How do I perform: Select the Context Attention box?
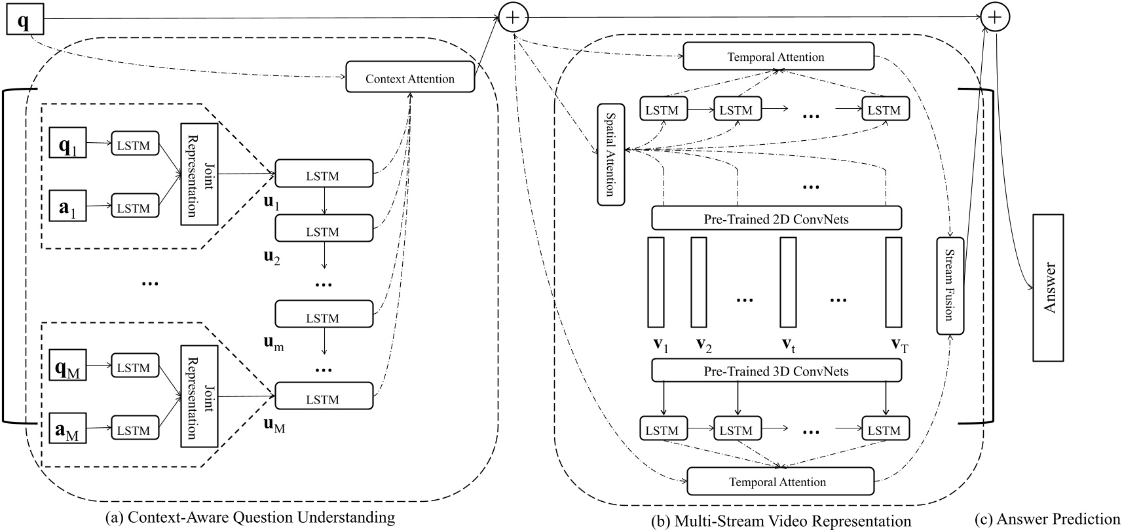coord(410,79)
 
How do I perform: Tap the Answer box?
coord(1049,287)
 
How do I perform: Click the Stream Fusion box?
coord(950,286)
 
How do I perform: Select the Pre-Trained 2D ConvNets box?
coord(776,218)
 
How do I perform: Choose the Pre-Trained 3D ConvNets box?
coord(776,371)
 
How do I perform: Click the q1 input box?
coord(67,145)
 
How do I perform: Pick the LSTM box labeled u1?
coord(324,175)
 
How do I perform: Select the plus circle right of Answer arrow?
coord(994,18)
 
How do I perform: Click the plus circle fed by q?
coord(514,18)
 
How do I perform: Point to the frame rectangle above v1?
coord(656,282)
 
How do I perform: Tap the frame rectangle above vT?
coord(893,282)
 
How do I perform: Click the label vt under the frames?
coord(789,345)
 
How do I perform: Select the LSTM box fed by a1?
coord(134,208)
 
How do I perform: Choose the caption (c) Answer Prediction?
coord(1047,519)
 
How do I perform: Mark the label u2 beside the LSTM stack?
coord(272,256)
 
